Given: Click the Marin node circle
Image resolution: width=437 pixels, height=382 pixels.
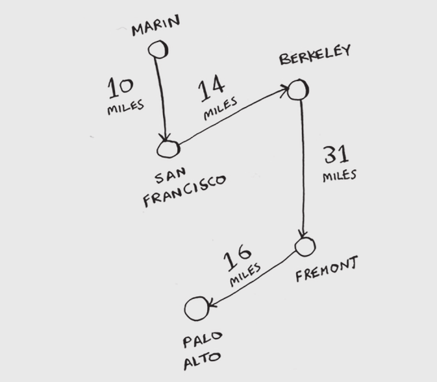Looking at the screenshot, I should coord(158,49).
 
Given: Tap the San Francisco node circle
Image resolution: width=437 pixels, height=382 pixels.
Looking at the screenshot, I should coord(168,149).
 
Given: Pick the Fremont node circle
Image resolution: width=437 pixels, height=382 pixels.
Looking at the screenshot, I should coord(305,246).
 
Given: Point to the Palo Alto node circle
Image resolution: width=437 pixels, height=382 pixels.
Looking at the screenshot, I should coord(197,309).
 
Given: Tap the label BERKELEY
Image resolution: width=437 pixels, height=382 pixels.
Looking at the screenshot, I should coord(315,55).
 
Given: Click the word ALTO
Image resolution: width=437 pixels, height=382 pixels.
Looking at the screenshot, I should coord(201,359).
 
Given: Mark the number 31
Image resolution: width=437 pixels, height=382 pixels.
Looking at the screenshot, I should coord(336,155).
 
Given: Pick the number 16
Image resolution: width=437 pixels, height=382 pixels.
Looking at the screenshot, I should coord(238,259).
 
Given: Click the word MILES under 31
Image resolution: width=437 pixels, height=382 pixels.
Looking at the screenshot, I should coord(339,175).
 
